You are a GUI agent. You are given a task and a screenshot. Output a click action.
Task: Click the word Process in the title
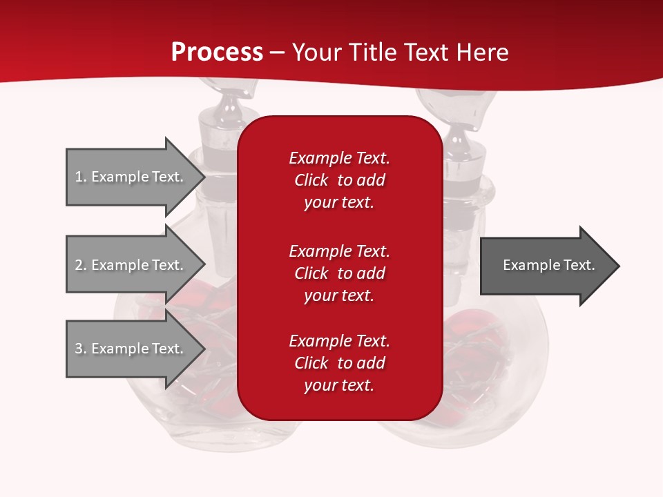tap(217, 52)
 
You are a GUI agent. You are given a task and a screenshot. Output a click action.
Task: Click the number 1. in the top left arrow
tap(81, 177)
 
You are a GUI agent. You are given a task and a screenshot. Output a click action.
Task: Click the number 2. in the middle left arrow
tap(81, 265)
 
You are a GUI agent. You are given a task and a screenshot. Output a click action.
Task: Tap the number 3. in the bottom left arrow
tap(81, 349)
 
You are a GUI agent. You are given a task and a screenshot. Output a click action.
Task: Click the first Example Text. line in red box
tap(339, 158)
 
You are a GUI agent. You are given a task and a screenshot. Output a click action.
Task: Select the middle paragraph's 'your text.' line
tap(339, 295)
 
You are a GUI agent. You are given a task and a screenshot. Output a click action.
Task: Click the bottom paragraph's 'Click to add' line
tap(339, 363)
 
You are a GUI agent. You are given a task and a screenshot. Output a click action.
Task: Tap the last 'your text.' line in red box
tap(339, 385)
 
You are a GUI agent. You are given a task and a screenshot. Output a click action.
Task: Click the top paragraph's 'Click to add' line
tap(339, 180)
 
